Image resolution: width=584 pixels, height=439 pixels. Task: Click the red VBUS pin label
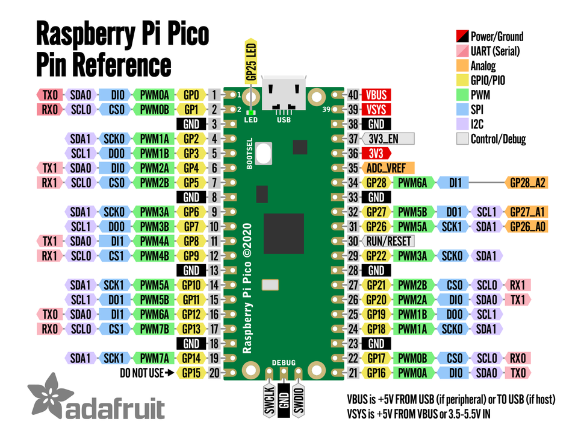tap(376, 95)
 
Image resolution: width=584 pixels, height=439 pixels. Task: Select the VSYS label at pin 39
tap(376, 109)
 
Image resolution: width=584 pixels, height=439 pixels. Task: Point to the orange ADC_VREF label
tap(389, 168)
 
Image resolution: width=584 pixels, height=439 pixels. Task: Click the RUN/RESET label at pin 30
tap(389, 241)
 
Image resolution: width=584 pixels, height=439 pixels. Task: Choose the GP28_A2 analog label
tap(527, 182)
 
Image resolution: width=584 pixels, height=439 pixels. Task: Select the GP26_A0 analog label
tap(527, 226)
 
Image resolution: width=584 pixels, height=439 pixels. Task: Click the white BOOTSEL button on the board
tap(263, 153)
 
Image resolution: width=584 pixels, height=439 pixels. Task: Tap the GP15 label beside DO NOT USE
tap(191, 373)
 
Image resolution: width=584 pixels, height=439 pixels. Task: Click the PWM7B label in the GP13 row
tap(155, 329)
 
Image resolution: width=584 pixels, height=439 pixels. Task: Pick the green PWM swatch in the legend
tap(463, 95)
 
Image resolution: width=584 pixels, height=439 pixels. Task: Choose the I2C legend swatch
tap(463, 124)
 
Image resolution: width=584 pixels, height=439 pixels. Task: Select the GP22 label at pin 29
tap(376, 256)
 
